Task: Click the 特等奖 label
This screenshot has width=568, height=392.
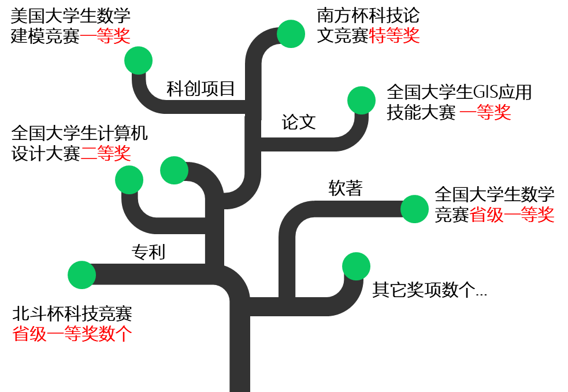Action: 394,36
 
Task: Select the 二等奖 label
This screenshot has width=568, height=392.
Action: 106,153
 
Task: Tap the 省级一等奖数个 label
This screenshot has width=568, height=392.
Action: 73,334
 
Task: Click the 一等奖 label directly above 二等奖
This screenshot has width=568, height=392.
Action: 105,36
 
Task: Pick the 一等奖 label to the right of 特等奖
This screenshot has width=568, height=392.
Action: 485,112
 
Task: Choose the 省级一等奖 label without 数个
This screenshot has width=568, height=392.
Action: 512,215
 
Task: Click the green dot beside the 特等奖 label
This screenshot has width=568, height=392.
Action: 291,34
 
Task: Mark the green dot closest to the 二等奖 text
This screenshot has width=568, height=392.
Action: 129,180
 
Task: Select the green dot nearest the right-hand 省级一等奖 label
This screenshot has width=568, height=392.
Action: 414,209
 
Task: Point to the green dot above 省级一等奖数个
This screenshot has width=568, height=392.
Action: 81,275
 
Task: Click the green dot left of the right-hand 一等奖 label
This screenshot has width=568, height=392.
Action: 361,101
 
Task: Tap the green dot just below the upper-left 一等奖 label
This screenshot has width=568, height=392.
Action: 138,60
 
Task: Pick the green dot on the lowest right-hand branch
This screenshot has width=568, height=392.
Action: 356,266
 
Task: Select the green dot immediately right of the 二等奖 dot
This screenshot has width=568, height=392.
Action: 174,170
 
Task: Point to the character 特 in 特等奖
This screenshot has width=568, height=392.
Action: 377,36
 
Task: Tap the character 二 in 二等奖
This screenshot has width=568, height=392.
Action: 88,153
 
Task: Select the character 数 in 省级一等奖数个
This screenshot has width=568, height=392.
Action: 107,334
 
